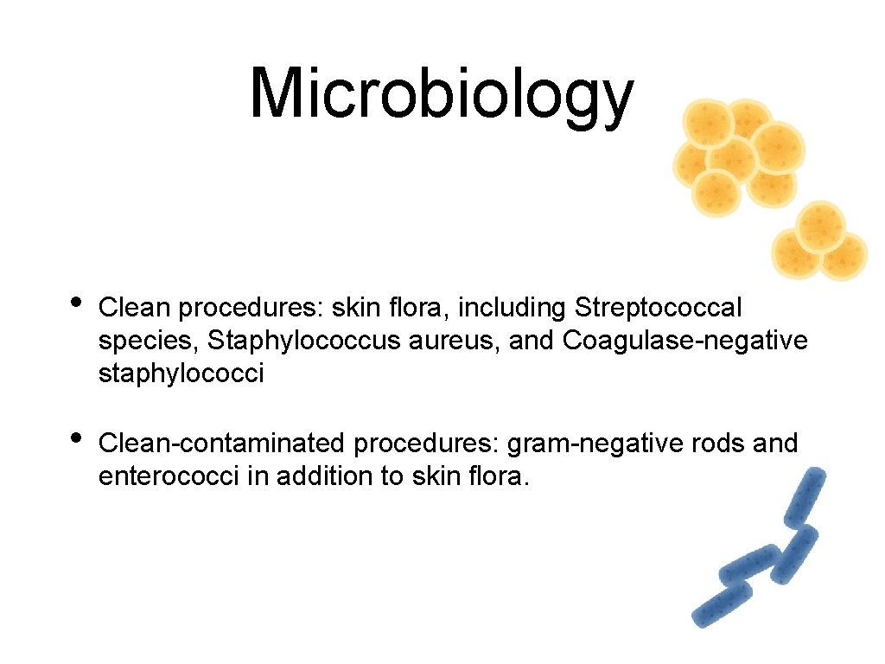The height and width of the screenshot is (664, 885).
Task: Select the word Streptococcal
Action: tap(658, 307)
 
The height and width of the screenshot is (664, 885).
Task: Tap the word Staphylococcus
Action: tap(278, 342)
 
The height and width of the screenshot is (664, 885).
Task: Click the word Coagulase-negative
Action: tap(684, 342)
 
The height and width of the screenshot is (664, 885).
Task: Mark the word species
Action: tap(146, 342)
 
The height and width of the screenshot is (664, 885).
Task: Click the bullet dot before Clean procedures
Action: tap(76, 302)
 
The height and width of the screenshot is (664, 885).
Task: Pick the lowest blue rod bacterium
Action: tap(721, 605)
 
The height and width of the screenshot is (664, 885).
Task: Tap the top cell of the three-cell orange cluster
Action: tap(820, 225)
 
